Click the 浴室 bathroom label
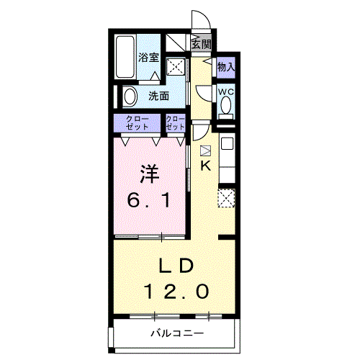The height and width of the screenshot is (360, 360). pyautogui.click(x=148, y=58)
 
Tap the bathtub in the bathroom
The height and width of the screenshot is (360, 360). pyautogui.click(x=125, y=57)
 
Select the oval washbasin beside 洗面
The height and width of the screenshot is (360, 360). pyautogui.click(x=130, y=96)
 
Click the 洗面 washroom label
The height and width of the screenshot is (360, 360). pyautogui.click(x=158, y=96)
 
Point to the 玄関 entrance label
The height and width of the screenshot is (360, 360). pyautogui.click(x=202, y=44)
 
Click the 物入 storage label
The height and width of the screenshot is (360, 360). pyautogui.click(x=226, y=67)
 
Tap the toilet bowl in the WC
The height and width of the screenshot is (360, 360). pyautogui.click(x=225, y=106)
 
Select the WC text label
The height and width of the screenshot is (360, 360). pyautogui.click(x=226, y=91)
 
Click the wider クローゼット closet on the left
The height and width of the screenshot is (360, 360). pyautogui.click(x=137, y=123)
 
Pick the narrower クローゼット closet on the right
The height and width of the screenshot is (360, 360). pyautogui.click(x=176, y=123)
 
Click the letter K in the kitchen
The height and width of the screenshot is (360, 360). pyautogui.click(x=206, y=166)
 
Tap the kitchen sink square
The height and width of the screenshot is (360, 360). pyautogui.click(x=227, y=144)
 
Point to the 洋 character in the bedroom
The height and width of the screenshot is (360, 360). pyautogui.click(x=149, y=174)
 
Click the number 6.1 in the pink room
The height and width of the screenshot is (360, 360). pyautogui.click(x=149, y=200)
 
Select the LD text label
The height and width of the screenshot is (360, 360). pyautogui.click(x=176, y=266)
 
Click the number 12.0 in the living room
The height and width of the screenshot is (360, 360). pyautogui.click(x=176, y=292)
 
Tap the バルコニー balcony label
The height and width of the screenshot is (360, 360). pyautogui.click(x=177, y=333)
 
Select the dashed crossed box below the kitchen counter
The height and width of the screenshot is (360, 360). pyautogui.click(x=226, y=198)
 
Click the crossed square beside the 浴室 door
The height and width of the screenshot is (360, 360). pyautogui.click(x=176, y=66)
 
